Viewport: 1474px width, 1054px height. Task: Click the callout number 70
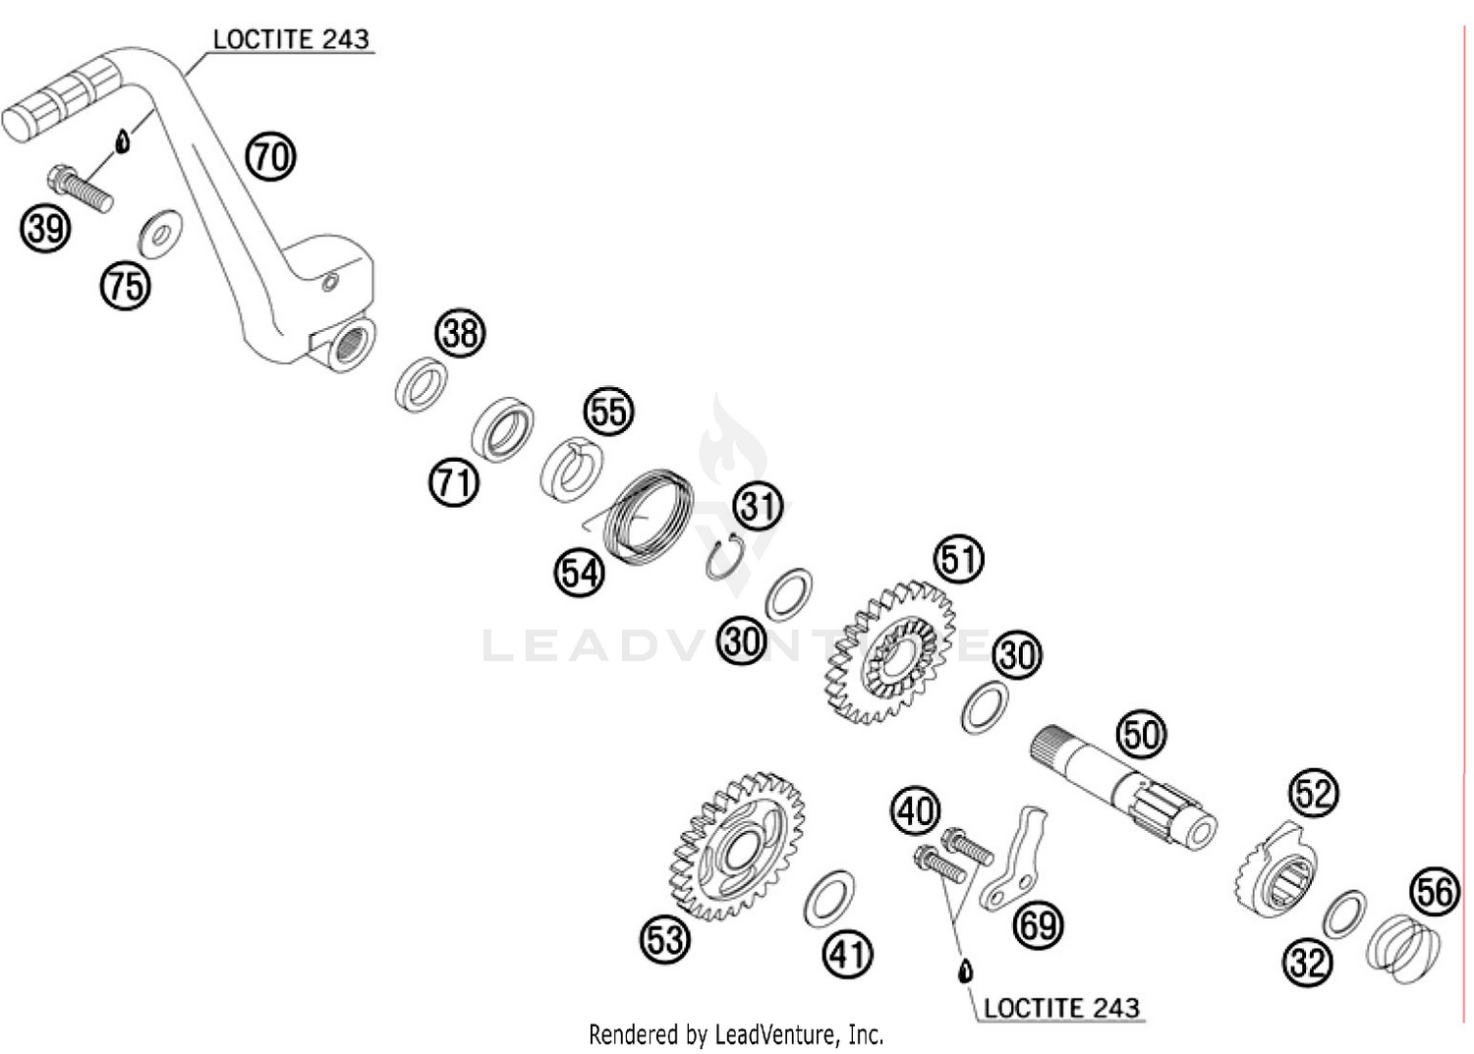[x=270, y=156]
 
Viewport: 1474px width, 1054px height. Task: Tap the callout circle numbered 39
[x=45, y=229]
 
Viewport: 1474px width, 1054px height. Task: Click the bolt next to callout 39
[x=80, y=190]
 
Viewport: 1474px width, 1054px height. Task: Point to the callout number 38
[x=461, y=333]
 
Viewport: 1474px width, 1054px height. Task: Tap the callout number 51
[x=959, y=559]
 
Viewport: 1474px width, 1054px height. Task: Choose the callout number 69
[x=1039, y=925]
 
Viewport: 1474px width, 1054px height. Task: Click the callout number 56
[x=1435, y=892]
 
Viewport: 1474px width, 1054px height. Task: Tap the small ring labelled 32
[x=1344, y=914]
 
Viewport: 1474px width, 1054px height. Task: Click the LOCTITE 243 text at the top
[x=291, y=39]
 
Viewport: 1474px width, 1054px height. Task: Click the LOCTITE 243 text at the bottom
[x=1061, y=1008]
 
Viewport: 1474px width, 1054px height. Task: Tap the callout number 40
[x=916, y=811]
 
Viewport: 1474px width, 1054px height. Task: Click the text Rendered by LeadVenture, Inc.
[x=736, y=1034]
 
